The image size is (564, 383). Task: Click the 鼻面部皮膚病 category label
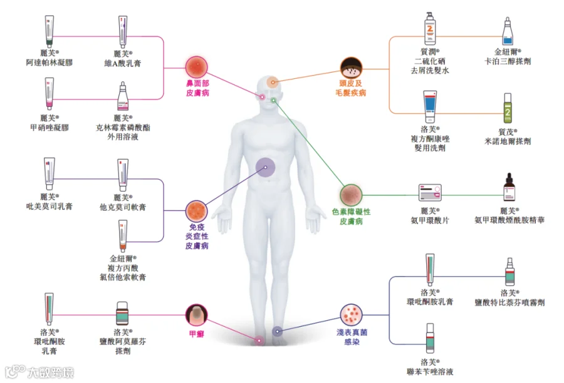click(x=197, y=88)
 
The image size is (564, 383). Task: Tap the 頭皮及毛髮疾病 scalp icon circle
click(x=351, y=68)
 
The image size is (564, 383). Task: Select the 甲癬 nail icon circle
click(x=196, y=315)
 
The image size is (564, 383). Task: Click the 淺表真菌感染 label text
click(x=352, y=337)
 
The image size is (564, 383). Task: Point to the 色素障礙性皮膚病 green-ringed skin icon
click(x=351, y=195)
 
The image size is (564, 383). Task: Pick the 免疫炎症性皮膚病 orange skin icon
click(x=196, y=212)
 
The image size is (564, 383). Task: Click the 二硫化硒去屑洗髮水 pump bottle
click(x=430, y=29)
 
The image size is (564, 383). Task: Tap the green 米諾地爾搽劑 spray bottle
click(x=508, y=108)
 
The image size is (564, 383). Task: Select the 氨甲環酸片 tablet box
click(x=430, y=193)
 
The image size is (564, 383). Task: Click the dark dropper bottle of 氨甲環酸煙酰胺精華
click(x=509, y=187)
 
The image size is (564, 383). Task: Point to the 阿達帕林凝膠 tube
click(x=50, y=32)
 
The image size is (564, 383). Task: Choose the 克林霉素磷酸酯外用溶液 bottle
click(x=123, y=96)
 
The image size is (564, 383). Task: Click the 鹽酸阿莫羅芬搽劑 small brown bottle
click(x=122, y=314)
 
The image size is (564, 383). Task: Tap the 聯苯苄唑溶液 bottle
click(x=430, y=339)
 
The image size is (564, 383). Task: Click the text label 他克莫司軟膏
click(x=123, y=207)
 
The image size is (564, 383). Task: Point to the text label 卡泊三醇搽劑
click(x=508, y=61)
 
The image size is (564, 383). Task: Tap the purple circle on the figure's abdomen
click(x=266, y=168)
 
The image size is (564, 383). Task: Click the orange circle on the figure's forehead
click(x=273, y=82)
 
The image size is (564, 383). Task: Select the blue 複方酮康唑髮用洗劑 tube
click(x=430, y=107)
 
